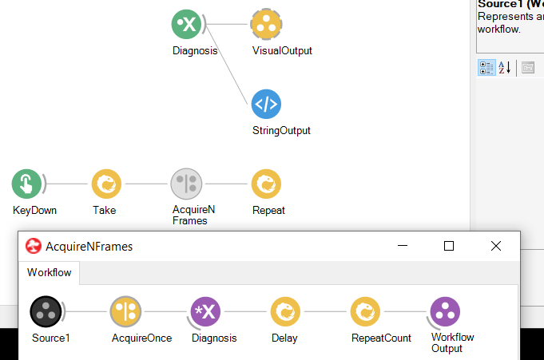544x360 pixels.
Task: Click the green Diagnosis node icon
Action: [186, 24]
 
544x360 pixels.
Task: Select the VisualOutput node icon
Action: [266, 24]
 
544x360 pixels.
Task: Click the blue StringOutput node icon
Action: [266, 104]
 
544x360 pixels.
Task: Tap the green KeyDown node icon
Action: [26, 184]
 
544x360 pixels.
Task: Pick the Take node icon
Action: [106, 184]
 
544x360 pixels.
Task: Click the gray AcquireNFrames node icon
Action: [186, 184]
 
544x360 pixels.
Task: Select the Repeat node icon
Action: [266, 184]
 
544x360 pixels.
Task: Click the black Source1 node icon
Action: [45, 311]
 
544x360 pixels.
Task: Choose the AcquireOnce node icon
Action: [125, 311]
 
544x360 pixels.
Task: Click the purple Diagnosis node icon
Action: [205, 311]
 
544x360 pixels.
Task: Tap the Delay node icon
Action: [285, 311]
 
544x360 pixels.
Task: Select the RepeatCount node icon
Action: [365, 311]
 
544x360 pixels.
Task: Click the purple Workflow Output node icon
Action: [445, 311]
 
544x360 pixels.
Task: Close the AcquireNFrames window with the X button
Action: [495, 247]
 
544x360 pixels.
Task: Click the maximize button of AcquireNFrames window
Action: [449, 247]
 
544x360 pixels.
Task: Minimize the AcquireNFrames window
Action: [403, 247]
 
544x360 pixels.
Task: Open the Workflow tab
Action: [50, 272]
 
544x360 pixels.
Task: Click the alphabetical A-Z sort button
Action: [506, 67]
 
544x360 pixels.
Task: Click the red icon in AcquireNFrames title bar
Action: [34, 247]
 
